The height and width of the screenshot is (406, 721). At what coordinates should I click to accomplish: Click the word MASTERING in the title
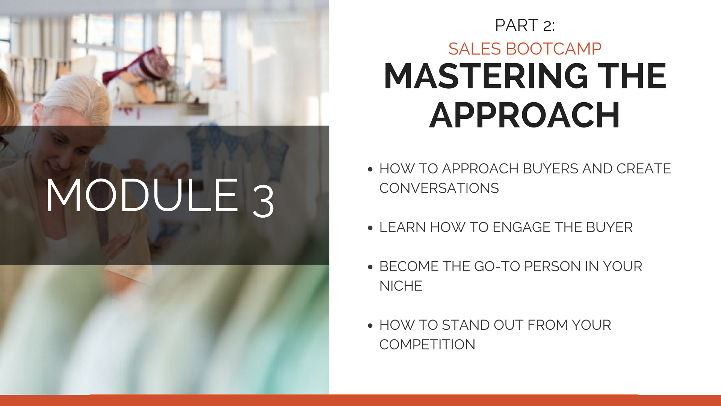(486, 76)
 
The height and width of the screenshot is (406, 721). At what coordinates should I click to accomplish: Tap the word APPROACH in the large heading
(525, 115)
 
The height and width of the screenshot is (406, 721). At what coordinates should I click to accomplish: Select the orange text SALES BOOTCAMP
(525, 49)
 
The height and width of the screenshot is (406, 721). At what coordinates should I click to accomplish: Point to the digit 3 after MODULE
(263, 202)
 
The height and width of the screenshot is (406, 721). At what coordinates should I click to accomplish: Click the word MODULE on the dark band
(142, 195)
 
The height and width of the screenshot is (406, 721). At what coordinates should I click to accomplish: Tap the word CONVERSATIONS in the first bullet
(439, 188)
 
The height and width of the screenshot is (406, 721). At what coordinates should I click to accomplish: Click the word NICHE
(401, 286)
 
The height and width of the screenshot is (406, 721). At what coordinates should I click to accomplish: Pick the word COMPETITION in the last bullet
(427, 345)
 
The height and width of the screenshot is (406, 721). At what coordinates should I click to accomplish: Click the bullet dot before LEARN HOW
(370, 228)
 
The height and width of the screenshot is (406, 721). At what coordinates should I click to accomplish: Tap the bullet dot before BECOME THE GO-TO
(370, 267)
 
